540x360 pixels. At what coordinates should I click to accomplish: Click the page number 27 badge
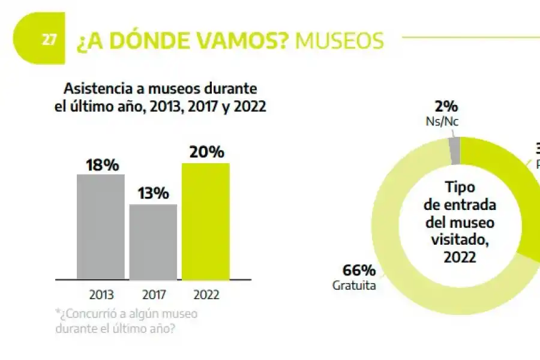tap(49, 40)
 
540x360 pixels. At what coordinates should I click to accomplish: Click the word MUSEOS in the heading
tap(340, 41)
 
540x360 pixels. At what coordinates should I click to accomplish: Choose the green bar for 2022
tap(205, 221)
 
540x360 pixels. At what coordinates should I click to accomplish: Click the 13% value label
tap(153, 194)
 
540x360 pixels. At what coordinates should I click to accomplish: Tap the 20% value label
tap(205, 152)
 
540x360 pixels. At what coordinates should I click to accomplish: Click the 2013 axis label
tap(101, 295)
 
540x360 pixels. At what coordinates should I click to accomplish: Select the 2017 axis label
tap(154, 295)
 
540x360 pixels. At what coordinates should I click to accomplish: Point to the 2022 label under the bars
tap(206, 295)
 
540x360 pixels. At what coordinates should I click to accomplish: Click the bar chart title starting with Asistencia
tap(160, 98)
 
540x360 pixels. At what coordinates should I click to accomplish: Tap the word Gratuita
tap(354, 286)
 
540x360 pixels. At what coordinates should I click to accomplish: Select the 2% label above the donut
tap(446, 107)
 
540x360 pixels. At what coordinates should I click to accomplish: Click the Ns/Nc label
tap(445, 122)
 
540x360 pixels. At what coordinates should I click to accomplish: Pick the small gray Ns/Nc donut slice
tap(455, 150)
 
